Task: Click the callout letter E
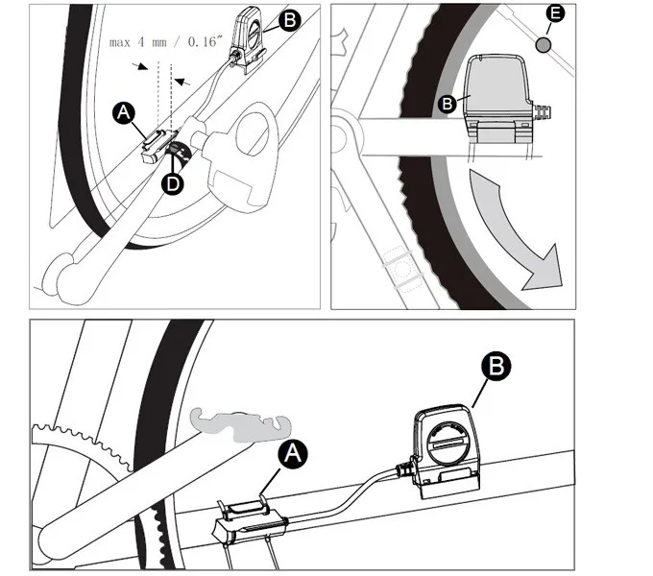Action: point(555,13)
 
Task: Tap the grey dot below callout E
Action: point(543,44)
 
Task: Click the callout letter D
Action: point(172,183)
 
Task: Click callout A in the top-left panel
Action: point(124,112)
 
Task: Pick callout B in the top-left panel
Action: point(290,19)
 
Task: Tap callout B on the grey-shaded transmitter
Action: point(447,104)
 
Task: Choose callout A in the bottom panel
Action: point(293,454)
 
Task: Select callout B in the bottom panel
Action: point(496,367)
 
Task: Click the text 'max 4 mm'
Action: point(138,42)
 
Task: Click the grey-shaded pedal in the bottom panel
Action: point(241,425)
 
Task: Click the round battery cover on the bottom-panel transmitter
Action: point(447,444)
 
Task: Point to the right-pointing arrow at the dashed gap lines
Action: point(140,65)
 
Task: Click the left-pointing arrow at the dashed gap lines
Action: point(182,82)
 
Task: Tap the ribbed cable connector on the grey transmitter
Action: point(542,112)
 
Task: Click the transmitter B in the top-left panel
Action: point(248,40)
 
